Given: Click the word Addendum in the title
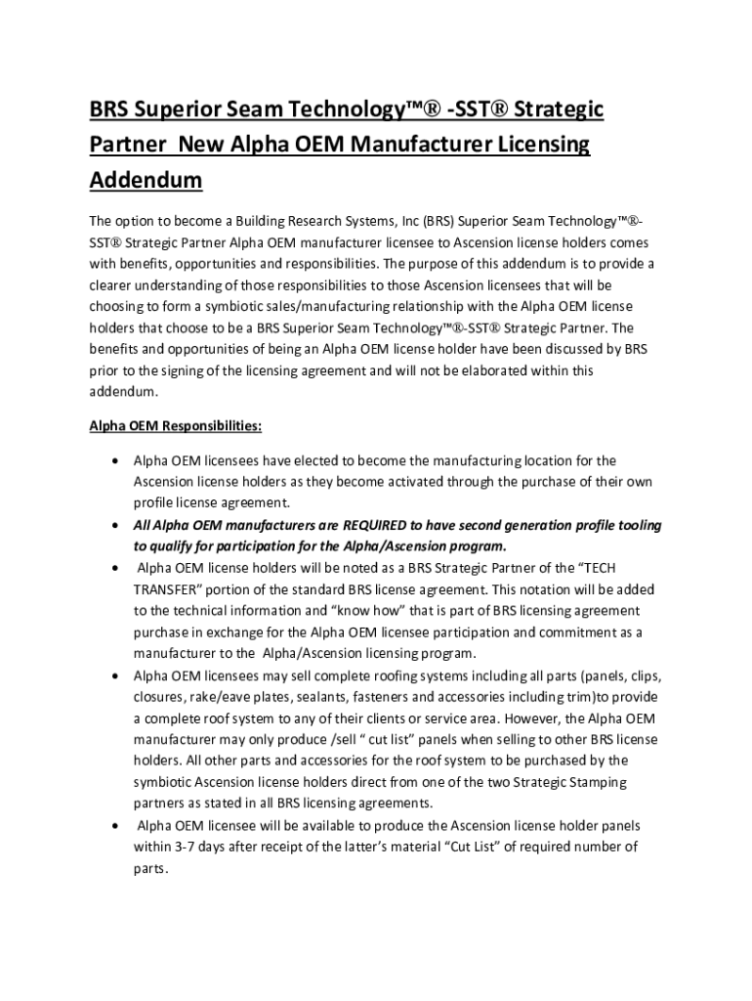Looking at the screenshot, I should coord(146,180).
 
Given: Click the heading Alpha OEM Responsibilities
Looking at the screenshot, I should coord(175,426).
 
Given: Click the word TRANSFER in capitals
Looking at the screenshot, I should coord(171,589).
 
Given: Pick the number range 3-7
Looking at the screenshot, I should coord(186,847).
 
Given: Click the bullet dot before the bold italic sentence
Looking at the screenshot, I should coord(117,526).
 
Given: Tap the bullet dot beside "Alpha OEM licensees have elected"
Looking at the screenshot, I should coord(117,460).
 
